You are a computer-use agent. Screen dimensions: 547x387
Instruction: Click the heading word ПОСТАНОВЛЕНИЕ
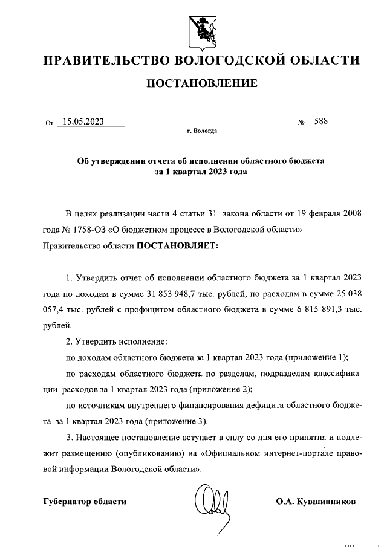tap(202, 83)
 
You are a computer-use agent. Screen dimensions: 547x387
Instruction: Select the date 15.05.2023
tap(83, 121)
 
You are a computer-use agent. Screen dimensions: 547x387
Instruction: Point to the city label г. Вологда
tap(202, 131)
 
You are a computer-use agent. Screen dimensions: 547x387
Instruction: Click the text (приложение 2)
tap(218, 389)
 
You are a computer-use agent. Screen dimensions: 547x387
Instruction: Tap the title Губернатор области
tap(85, 501)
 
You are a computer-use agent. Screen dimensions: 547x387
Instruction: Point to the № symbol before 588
tap(300, 123)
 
